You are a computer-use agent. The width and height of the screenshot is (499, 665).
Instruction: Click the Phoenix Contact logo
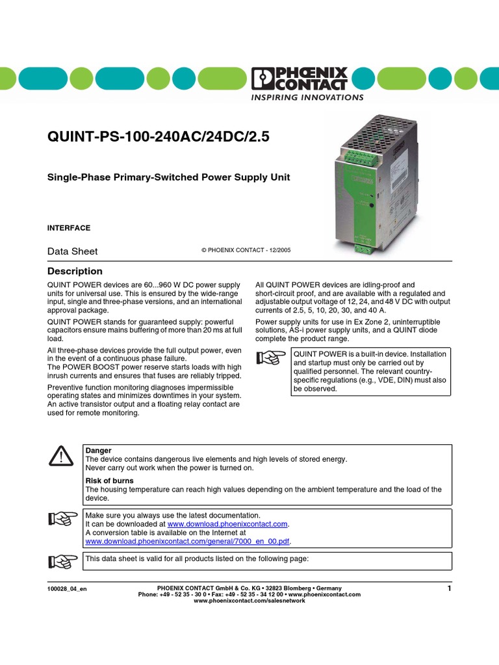[300, 79]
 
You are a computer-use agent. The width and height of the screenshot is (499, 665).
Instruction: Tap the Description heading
[75, 271]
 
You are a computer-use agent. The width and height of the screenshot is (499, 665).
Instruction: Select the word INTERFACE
[69, 228]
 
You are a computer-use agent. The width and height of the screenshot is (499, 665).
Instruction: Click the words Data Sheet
[73, 251]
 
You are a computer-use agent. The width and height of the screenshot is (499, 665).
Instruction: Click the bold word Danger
[99, 450]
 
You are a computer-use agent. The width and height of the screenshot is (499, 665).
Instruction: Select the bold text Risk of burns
[110, 481]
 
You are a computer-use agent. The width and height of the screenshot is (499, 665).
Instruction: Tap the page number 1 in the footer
[449, 588]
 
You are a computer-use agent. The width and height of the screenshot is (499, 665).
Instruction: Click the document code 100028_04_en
[67, 588]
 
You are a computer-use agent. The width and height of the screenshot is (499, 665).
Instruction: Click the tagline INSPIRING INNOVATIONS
[307, 97]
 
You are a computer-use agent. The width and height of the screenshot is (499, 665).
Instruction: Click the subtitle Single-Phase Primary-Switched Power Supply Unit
[169, 177]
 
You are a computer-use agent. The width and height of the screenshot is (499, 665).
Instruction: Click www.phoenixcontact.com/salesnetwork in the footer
[249, 601]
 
